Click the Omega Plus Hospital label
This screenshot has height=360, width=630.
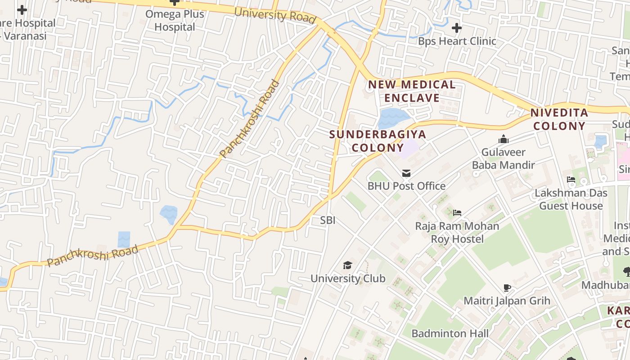coord(175,20)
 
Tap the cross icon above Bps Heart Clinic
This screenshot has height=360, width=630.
coord(457,28)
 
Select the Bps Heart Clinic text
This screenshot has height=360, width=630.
coord(457,41)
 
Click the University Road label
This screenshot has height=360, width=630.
coord(274,15)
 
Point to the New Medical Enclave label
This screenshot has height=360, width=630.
coord(412,91)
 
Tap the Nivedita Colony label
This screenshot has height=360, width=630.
coord(559,119)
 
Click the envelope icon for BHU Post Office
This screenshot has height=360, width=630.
coord(406,173)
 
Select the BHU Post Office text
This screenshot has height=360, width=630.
coord(406,186)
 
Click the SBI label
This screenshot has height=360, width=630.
coord(328,220)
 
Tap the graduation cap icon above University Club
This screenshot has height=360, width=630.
coord(347,265)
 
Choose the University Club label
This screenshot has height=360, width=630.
coord(348,279)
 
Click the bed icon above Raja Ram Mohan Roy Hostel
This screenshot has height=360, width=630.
coord(457,212)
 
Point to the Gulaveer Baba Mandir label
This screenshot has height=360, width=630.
coord(503,158)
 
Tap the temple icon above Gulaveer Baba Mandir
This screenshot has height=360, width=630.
coord(503,139)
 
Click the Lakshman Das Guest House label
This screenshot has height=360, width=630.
coord(571,199)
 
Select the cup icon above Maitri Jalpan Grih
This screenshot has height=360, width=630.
coord(507,288)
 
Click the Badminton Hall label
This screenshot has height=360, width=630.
coord(450,333)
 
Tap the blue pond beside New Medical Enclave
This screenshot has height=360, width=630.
coord(392,118)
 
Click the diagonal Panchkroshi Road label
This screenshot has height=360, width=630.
coord(250,119)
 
